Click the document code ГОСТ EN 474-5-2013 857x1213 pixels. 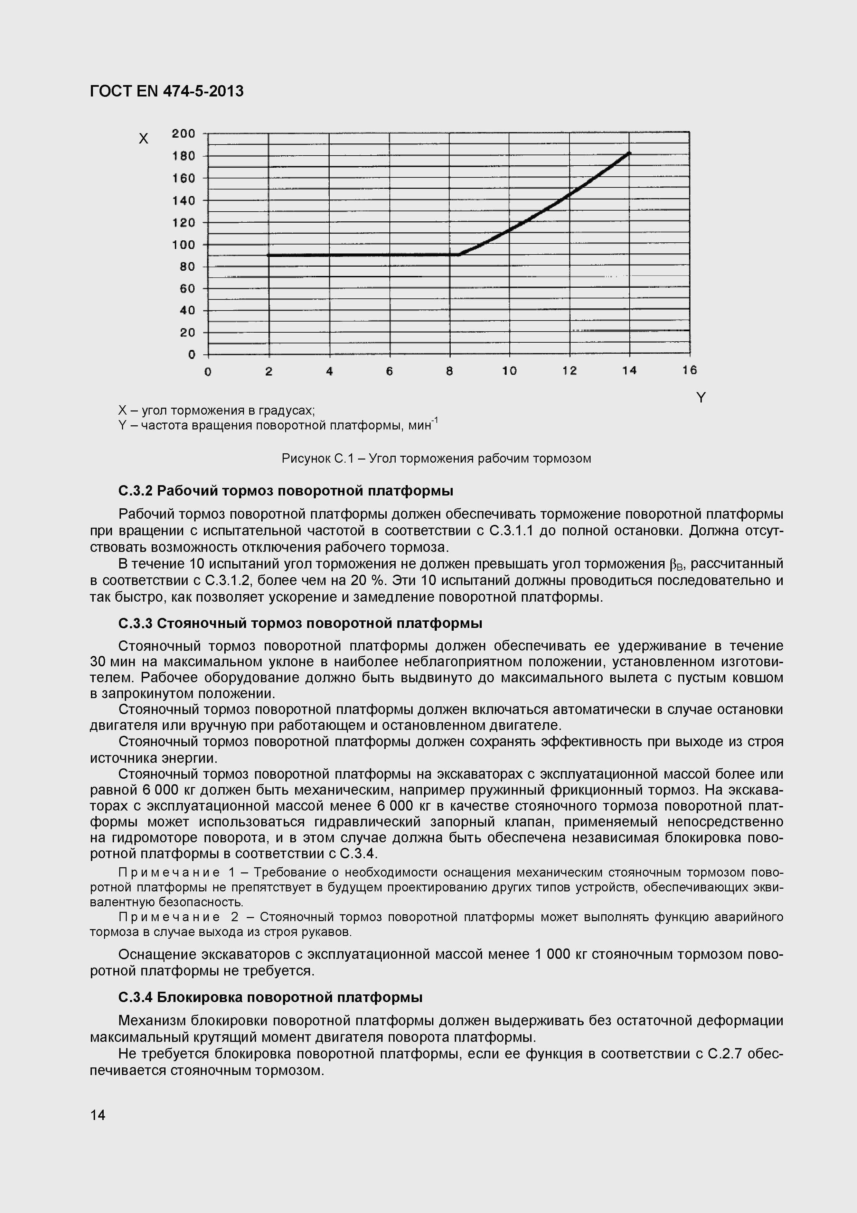click(167, 91)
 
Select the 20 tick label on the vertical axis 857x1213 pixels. click(187, 332)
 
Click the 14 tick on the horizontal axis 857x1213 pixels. click(629, 371)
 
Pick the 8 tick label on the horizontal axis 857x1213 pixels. click(449, 371)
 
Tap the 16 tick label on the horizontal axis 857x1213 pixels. click(689, 370)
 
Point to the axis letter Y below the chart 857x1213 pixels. click(701, 398)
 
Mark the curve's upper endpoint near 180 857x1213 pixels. click(629, 153)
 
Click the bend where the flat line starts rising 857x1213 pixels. click(458, 254)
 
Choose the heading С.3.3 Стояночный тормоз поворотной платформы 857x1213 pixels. click(300, 623)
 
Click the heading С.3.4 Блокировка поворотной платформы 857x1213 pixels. click(270, 997)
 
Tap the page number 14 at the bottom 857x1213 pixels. click(98, 1115)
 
